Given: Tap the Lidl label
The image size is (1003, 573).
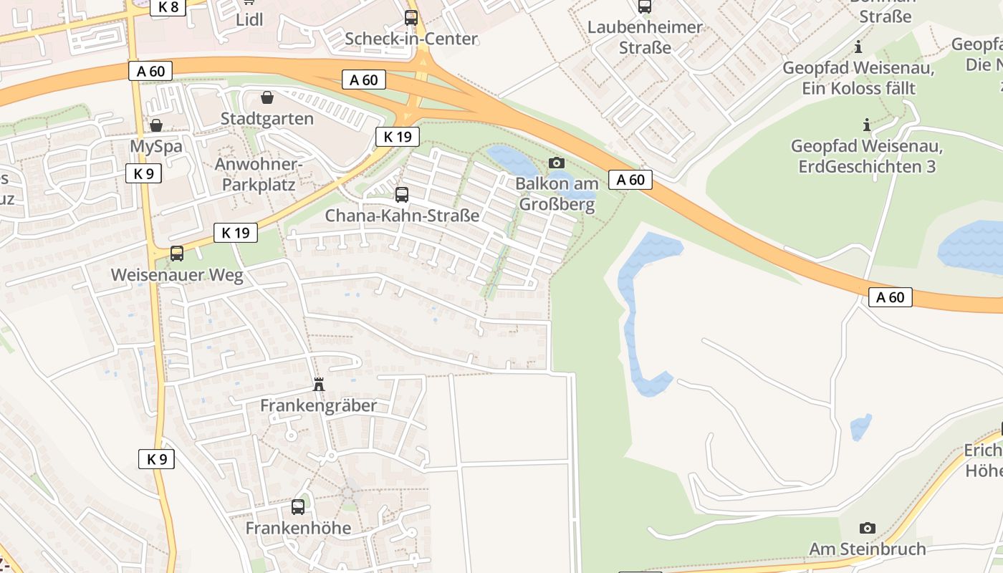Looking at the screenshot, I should click(x=249, y=19).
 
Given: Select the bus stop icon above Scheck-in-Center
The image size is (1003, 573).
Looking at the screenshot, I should click(x=411, y=18).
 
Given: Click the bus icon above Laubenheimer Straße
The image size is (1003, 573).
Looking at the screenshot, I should click(x=645, y=6).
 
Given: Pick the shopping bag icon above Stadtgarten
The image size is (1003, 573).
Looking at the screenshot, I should click(x=267, y=97).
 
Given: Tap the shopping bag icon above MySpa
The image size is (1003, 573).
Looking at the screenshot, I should click(x=155, y=125).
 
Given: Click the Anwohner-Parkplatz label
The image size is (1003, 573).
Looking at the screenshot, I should click(x=259, y=174).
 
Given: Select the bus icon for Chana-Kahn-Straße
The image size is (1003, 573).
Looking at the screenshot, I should click(x=402, y=194).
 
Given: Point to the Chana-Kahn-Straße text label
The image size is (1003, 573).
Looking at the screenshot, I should click(x=402, y=215).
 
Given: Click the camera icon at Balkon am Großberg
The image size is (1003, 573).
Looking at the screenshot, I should click(x=556, y=163).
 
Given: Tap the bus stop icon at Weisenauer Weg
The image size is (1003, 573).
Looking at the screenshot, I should click(x=176, y=254).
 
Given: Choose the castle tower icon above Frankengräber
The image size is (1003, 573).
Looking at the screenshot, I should click(x=319, y=385).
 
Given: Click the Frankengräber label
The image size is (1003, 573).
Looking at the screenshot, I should click(x=318, y=405).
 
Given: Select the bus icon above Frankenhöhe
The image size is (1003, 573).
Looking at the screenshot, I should click(x=298, y=507).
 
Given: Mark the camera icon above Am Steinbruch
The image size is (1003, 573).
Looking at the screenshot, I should click(x=867, y=528).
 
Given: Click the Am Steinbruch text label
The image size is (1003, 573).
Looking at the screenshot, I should click(x=867, y=549).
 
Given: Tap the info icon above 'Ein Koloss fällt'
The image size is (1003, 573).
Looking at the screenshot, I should click(x=858, y=47).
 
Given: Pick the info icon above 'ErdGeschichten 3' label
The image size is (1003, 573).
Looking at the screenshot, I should click(x=867, y=125).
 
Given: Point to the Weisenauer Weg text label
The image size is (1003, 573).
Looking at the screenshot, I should click(x=177, y=275).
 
